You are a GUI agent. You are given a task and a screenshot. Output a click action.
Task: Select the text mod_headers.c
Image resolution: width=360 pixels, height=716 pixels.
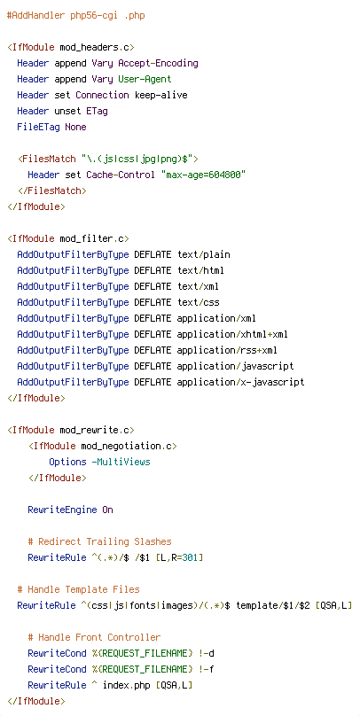coord(95,48)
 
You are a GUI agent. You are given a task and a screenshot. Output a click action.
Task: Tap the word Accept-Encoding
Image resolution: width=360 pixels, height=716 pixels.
coord(158,64)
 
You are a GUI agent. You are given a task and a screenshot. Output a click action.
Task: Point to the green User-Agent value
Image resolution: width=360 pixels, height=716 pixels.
coord(145,80)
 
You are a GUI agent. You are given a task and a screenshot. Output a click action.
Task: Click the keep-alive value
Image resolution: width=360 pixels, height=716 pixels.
coord(160,96)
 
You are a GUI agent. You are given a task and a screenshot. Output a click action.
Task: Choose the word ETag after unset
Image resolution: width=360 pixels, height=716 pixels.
coord(97,112)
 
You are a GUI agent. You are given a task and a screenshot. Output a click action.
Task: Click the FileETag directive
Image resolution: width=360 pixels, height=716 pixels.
coord(38,128)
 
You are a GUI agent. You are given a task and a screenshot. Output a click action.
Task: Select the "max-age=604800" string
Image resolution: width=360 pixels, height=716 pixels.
coord(203,175)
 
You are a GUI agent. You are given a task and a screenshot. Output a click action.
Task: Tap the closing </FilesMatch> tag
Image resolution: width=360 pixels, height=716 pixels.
coord(52,191)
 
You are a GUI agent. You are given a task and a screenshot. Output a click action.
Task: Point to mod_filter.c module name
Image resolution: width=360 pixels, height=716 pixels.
coord(92,239)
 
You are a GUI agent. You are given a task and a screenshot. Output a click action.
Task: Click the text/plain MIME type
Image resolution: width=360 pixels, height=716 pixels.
coord(203,255)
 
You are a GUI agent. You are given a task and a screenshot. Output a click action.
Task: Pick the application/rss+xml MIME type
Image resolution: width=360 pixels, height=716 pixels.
coord(227,350)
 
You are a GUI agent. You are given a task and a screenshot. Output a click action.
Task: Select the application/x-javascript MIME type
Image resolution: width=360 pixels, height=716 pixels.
coord(240,382)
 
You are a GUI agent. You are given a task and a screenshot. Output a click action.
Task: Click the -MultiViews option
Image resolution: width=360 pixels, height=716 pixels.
coord(121,462)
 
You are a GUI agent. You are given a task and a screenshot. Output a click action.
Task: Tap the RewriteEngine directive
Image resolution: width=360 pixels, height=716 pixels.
coord(62,510)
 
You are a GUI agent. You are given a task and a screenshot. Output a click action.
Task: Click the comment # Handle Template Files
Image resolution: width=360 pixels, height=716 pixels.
coord(79,589)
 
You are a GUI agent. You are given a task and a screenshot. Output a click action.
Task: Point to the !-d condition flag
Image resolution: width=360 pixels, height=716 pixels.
coord(206,653)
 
